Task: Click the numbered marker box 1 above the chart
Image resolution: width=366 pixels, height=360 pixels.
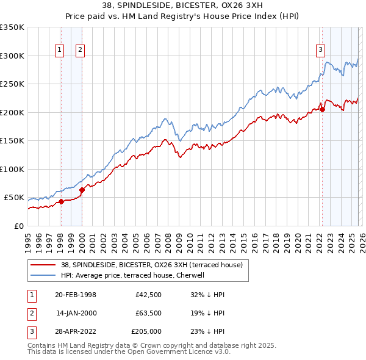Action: pyautogui.click(x=60, y=51)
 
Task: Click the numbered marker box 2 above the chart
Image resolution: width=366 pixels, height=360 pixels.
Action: pyautogui.click(x=80, y=51)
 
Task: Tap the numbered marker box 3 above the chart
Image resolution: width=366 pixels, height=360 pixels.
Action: pyautogui.click(x=320, y=51)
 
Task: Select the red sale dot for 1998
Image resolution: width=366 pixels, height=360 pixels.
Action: pyautogui.click(x=60, y=201)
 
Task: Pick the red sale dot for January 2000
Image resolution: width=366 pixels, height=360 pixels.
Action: pyautogui.click(x=82, y=190)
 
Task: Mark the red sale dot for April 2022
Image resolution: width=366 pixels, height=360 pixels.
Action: pyautogui.click(x=322, y=109)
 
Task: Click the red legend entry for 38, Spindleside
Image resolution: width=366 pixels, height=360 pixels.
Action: pyautogui.click(x=152, y=265)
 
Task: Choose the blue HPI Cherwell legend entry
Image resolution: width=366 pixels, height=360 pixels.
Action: pyautogui.click(x=134, y=275)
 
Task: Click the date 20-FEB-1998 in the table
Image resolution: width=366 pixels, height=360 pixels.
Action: pyautogui.click(x=76, y=295)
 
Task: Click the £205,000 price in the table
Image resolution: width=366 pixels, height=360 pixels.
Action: pyautogui.click(x=146, y=331)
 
